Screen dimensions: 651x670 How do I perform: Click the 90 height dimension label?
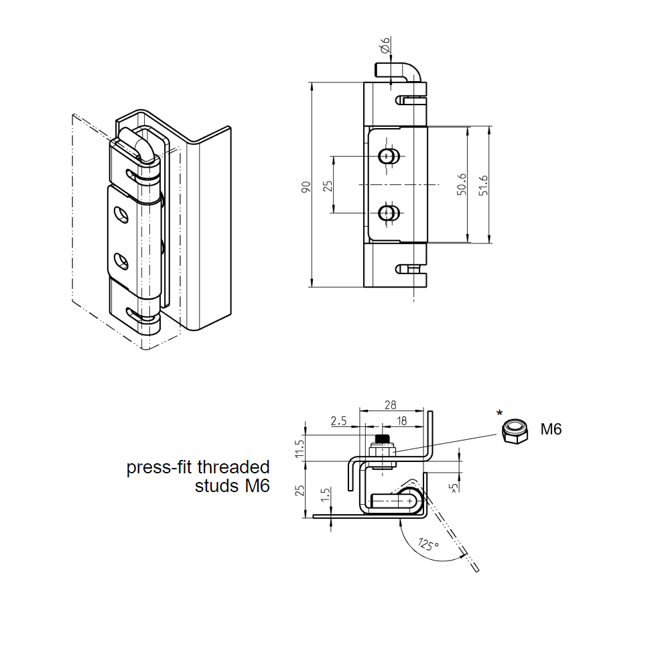point(306,187)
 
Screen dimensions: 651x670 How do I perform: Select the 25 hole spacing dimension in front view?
point(328,185)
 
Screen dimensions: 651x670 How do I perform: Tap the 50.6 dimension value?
point(462,185)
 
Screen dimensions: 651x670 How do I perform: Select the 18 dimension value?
point(402,420)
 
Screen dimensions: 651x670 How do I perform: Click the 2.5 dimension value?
point(339,421)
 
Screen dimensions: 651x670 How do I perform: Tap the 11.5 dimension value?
point(299,448)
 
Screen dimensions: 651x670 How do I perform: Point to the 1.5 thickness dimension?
point(325,496)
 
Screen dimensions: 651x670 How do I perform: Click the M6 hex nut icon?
point(514,431)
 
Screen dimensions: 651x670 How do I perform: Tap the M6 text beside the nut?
point(551,430)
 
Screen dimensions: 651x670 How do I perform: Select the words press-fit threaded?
point(198,467)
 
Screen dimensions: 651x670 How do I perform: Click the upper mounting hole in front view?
point(387,156)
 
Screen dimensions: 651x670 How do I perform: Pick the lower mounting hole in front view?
point(387,213)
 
